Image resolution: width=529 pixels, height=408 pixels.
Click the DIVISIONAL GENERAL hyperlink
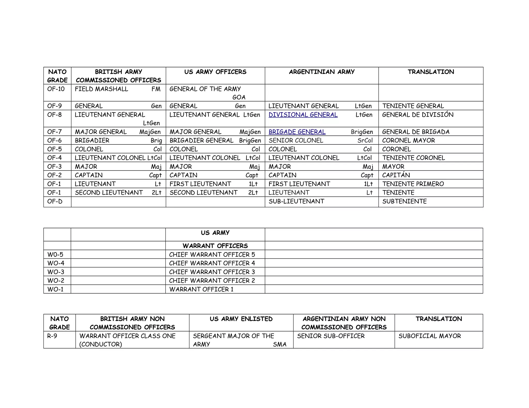pyautogui.click(x=303, y=115)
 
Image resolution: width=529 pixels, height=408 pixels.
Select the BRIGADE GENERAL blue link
pyautogui.click(x=297, y=132)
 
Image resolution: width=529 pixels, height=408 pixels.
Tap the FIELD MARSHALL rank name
pyautogui.click(x=101, y=89)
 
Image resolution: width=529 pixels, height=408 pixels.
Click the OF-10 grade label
pyautogui.click(x=56, y=89)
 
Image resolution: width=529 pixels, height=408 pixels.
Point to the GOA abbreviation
pyautogui.click(x=239, y=97)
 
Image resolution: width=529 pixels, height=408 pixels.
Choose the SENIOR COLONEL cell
pyautogui.click(x=296, y=141)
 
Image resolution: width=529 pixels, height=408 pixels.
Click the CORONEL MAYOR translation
pyautogui.click(x=408, y=141)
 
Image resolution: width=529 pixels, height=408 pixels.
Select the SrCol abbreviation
pyautogui.click(x=365, y=141)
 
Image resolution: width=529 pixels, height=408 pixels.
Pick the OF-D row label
pyautogui.click(x=55, y=201)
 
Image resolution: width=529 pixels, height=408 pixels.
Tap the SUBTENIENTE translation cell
pyautogui.click(x=404, y=201)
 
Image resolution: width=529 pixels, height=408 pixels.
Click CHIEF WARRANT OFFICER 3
pyautogui.click(x=212, y=272)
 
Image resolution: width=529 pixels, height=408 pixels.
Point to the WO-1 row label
pyautogui.click(x=55, y=289)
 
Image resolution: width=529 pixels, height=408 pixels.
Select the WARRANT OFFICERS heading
pyautogui.click(x=215, y=246)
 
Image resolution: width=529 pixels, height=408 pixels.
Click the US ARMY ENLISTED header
pyautogui.click(x=241, y=319)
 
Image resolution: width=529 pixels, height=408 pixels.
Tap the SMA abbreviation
pyautogui.click(x=279, y=345)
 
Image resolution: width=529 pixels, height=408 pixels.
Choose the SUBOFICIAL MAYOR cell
pyautogui.click(x=430, y=336)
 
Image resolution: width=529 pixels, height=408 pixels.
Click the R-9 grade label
pyautogui.click(x=52, y=336)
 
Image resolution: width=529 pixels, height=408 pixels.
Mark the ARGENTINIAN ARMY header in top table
pyautogui.click(x=322, y=72)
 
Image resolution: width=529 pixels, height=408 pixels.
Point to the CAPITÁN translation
pyautogui.click(x=396, y=175)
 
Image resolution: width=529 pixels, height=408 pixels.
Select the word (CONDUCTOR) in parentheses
pyautogui.click(x=100, y=345)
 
